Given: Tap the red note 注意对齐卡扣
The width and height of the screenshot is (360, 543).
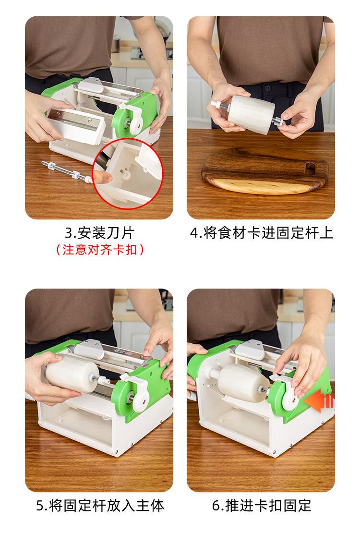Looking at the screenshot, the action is (100, 249).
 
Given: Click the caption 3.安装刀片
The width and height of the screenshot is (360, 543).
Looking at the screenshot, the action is (100, 233).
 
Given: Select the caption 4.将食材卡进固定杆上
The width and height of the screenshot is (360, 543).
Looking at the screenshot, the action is (261, 233).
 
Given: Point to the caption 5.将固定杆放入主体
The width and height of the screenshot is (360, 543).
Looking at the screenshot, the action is (100, 506).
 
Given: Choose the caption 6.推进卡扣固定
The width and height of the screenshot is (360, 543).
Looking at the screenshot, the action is (262, 506).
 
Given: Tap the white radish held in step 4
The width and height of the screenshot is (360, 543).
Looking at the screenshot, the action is (251, 115).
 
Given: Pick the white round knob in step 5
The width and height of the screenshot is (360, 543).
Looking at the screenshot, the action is (138, 397).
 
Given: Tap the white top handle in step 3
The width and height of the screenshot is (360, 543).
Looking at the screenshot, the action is (91, 85).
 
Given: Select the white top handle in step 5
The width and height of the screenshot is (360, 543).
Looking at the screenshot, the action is (89, 350).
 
